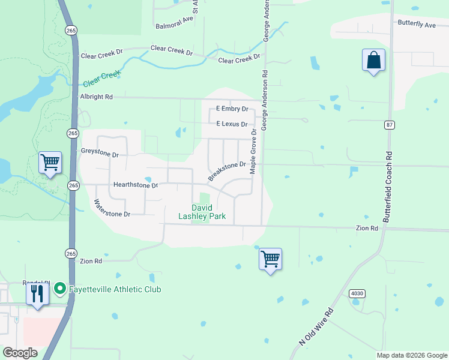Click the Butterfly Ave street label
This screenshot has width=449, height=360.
tap(417, 25)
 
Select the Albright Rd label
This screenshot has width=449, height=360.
tap(97, 97)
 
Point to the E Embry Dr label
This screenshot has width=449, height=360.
tap(232, 109)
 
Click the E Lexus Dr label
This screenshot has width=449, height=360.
tap(232, 124)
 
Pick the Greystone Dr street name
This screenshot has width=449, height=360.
tap(100, 154)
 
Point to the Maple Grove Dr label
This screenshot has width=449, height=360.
tap(253, 151)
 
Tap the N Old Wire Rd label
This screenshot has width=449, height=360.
tap(316, 327)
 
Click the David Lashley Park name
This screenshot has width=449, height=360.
tap(202, 212)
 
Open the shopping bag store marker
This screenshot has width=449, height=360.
tap(373, 60)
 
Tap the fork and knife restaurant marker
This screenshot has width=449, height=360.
tap(37, 294)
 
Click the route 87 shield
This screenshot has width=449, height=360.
tap(390, 125)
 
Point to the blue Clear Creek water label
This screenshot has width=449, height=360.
tap(102, 79)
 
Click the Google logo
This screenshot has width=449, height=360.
tap(20, 353)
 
